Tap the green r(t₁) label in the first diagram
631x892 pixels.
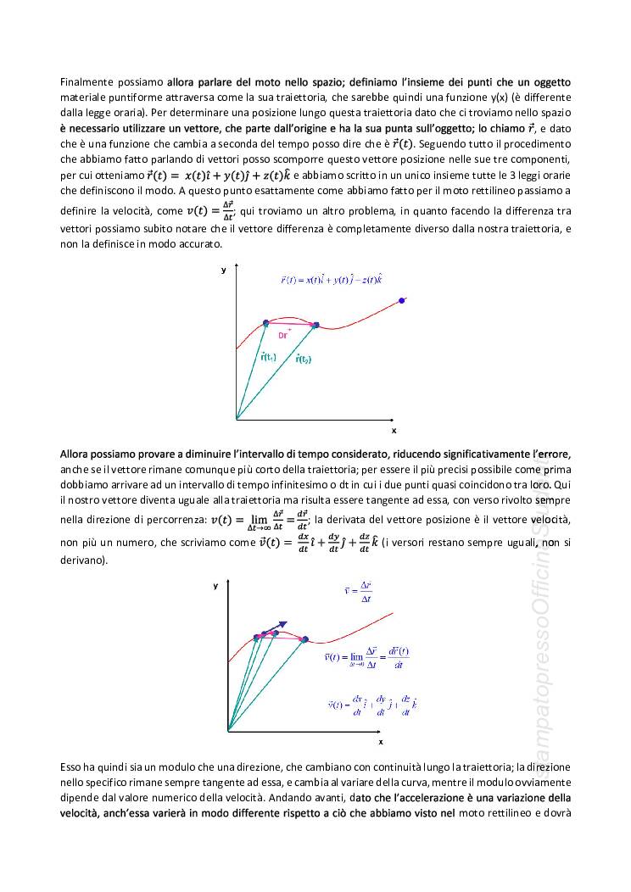pyautogui.click(x=268, y=357)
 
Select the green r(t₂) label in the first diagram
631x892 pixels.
pyautogui.click(x=304, y=359)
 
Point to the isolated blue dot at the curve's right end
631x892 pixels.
pyautogui.click(x=402, y=300)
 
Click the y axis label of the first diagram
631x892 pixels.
pyautogui.click(x=223, y=269)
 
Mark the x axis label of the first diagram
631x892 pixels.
pyautogui.click(x=393, y=430)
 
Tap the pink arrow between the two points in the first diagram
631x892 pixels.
pyautogui.click(x=290, y=324)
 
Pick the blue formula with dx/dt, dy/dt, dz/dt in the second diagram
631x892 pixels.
pyautogui.click(x=371, y=705)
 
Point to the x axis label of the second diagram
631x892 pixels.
pyautogui.click(x=380, y=741)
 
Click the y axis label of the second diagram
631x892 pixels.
pyautogui.click(x=216, y=586)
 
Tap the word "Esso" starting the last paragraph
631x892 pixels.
pyautogui.click(x=71, y=766)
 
